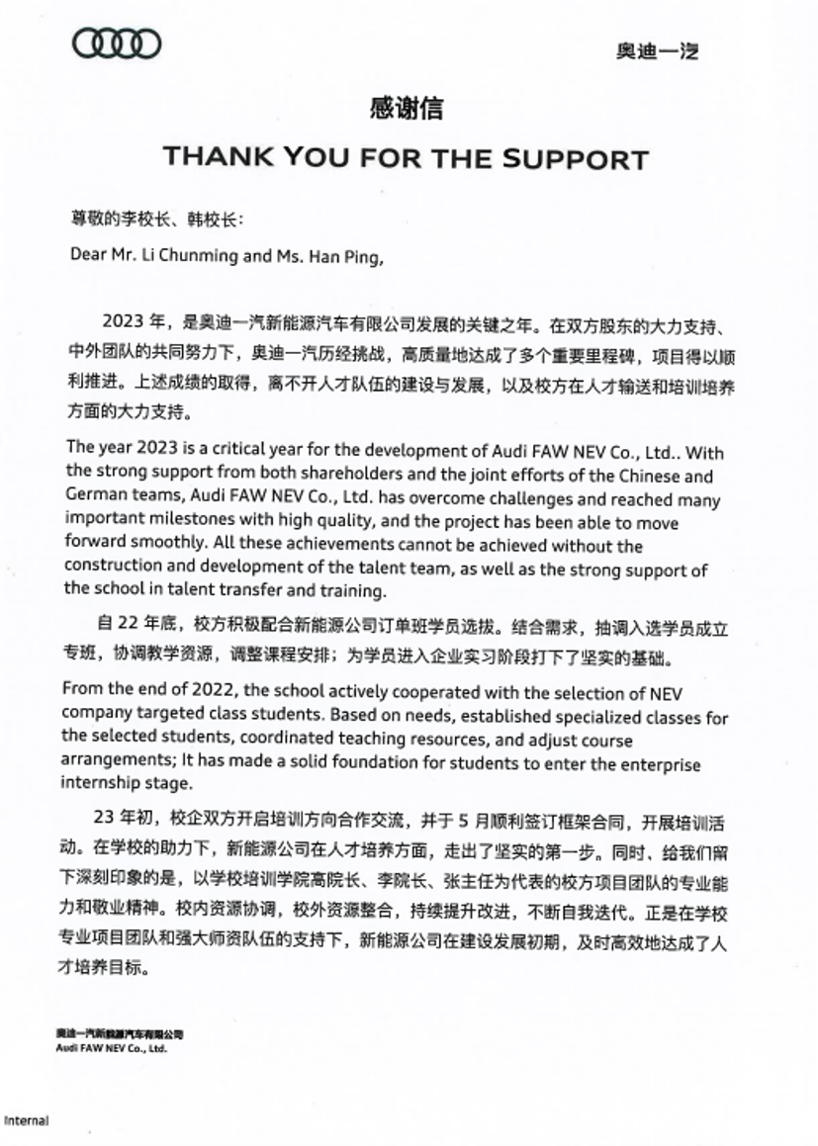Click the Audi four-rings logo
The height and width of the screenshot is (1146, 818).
coord(117,44)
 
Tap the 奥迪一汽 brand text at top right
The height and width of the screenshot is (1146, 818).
coord(657,51)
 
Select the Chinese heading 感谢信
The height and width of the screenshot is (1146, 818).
coord(407,109)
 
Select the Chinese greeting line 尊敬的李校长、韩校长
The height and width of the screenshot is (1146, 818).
coord(150,217)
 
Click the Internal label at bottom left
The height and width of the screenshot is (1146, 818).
coord(26,1120)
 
